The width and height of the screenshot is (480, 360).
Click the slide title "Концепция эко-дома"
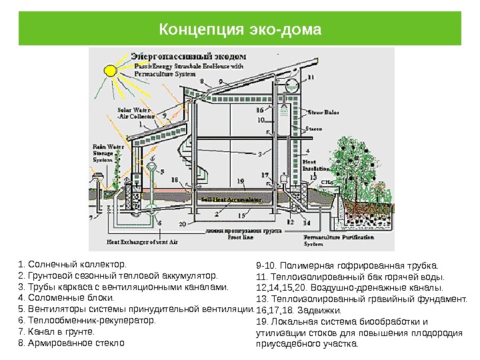click(x=240, y=31)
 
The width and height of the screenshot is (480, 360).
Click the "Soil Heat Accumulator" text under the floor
click(x=231, y=199)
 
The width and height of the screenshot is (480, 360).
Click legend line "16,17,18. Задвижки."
click(x=298, y=310)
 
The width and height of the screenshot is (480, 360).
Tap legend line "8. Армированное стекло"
click(x=72, y=343)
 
